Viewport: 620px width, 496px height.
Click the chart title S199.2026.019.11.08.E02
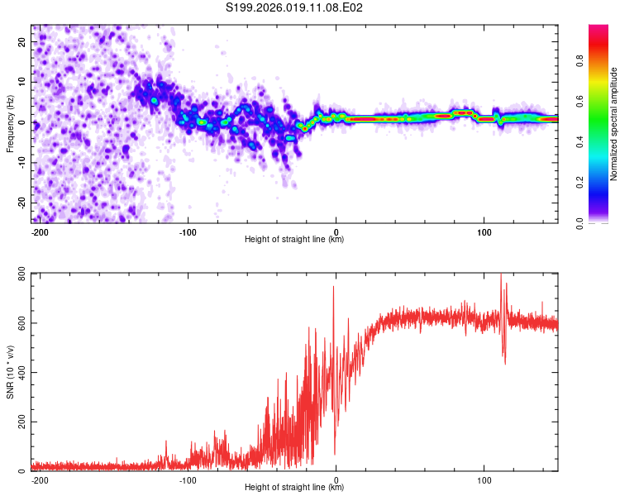click(295, 7)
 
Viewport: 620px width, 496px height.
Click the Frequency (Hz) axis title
click(10, 124)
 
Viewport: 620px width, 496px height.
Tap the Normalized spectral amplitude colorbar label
click(614, 124)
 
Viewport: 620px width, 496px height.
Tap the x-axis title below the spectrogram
click(294, 240)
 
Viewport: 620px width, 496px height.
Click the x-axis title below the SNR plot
click(294, 488)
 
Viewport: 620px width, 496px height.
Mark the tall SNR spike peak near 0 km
click(333, 287)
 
